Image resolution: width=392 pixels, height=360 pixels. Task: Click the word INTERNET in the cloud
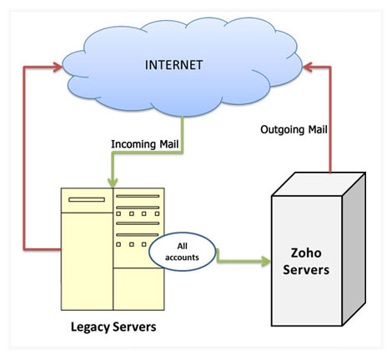[x=173, y=65]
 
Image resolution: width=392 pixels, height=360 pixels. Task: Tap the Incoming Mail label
[x=144, y=144]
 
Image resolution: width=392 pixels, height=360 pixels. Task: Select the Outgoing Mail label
[x=294, y=130]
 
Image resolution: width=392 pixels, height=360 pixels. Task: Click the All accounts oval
[x=183, y=252]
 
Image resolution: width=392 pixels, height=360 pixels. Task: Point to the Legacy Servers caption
[x=113, y=327]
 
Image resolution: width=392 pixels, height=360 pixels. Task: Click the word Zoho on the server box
[x=306, y=252]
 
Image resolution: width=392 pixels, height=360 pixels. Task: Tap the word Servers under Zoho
[x=306, y=270]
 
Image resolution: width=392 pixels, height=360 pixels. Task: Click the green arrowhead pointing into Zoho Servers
[x=265, y=261]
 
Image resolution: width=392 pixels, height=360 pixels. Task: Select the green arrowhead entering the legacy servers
[x=113, y=182]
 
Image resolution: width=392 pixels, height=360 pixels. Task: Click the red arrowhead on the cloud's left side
[x=58, y=67]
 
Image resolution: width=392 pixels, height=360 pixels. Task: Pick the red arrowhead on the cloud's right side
[x=308, y=67]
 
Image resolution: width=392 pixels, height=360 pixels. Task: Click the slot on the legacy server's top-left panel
[x=87, y=199]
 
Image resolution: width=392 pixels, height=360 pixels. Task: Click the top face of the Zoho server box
[x=319, y=184]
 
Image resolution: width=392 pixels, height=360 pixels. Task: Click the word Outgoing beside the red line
[x=282, y=130]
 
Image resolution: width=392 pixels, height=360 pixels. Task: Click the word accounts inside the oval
[x=182, y=257]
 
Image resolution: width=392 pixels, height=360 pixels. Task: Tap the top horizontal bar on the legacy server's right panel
[x=138, y=196]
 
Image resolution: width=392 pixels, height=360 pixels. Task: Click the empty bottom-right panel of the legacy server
[x=138, y=289]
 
